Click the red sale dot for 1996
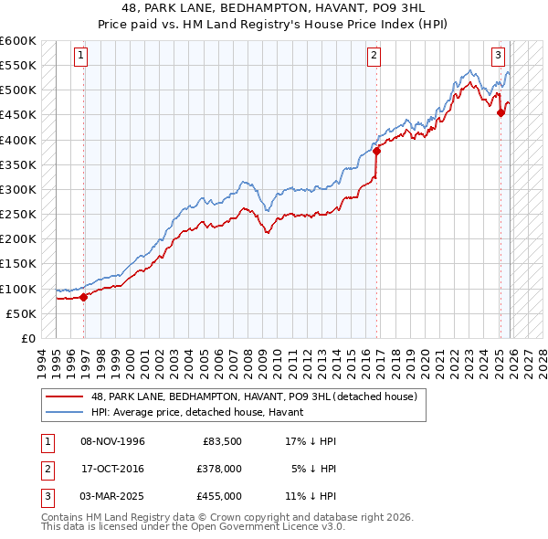pyautogui.click(x=83, y=296)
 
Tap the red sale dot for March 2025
pyautogui.click(x=501, y=112)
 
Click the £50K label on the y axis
pyautogui.click(x=21, y=313)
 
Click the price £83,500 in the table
pyautogui.click(x=221, y=441)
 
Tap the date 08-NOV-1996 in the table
pyautogui.click(x=112, y=441)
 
